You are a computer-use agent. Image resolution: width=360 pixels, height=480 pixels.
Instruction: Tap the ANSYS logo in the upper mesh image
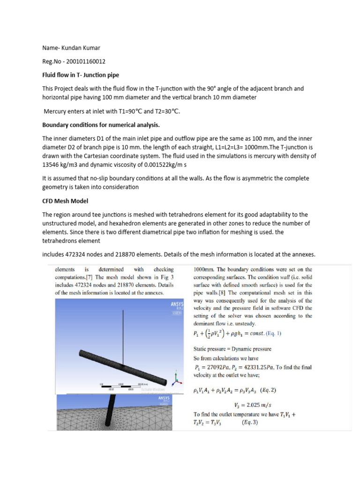pyautogui.click(x=178, y=304)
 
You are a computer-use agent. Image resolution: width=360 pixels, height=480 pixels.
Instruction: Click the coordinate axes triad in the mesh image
pyautogui.click(x=176, y=377)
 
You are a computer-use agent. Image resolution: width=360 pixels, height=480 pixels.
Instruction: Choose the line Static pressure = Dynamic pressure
pyautogui.click(x=233, y=349)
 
